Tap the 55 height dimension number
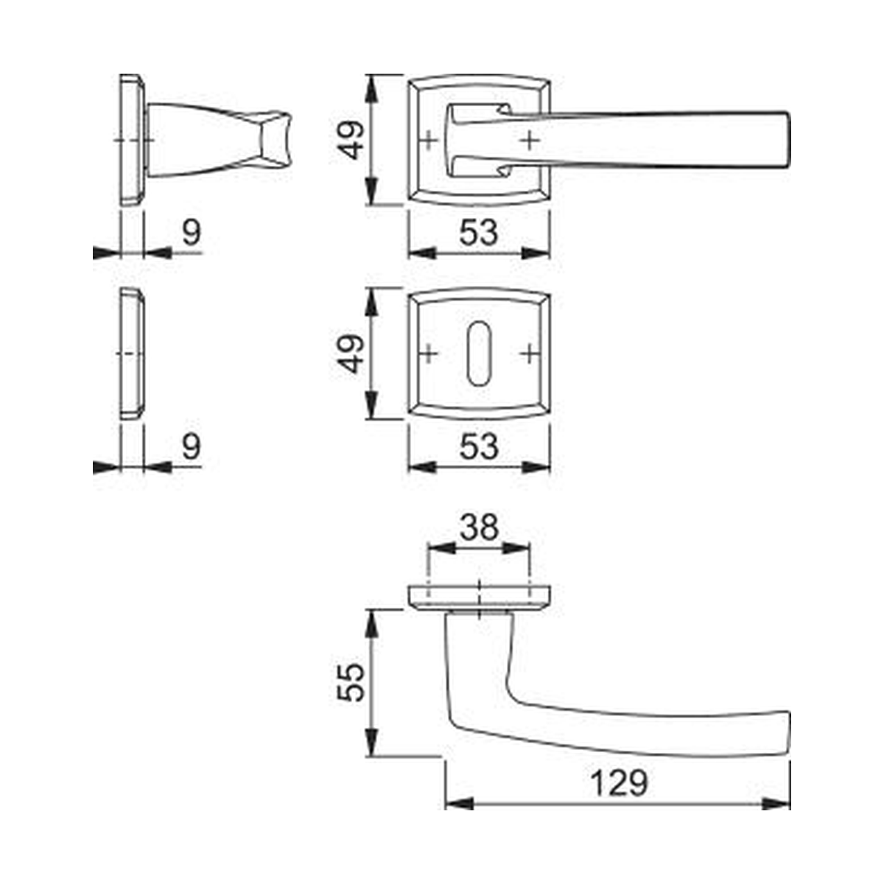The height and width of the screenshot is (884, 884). [351, 683]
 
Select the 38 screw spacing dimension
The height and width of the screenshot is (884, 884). [479, 527]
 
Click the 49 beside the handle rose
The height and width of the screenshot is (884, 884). [351, 140]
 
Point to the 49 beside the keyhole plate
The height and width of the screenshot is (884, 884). [351, 354]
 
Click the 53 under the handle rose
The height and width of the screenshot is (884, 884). [479, 233]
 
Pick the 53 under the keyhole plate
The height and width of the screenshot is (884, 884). [479, 446]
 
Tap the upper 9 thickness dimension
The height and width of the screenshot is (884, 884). [192, 233]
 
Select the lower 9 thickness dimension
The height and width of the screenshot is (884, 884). [192, 446]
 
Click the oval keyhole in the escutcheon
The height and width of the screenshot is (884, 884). [479, 354]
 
